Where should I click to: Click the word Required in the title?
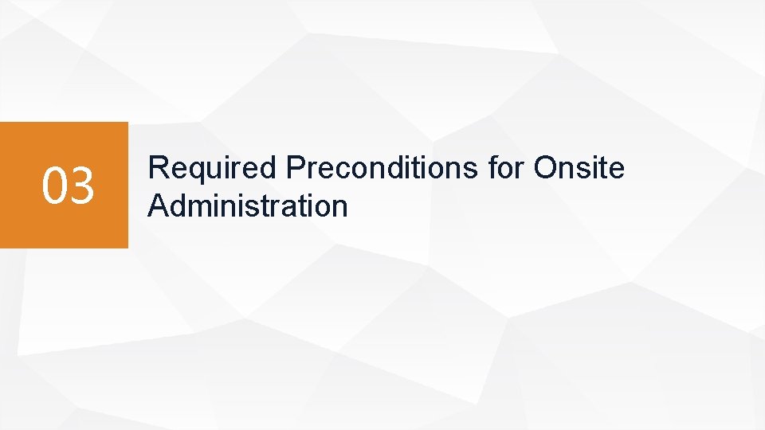coord(213,169)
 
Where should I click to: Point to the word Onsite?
coord(580,169)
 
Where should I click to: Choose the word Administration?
coord(248,206)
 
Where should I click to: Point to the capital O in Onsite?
coord(547,169)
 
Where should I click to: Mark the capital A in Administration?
coord(159,206)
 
